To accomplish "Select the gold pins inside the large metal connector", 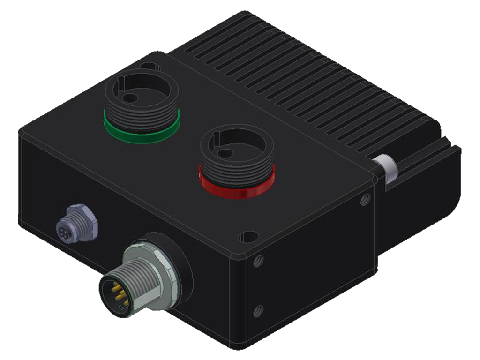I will [x=116, y=292].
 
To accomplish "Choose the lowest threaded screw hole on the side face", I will [x=256, y=310].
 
